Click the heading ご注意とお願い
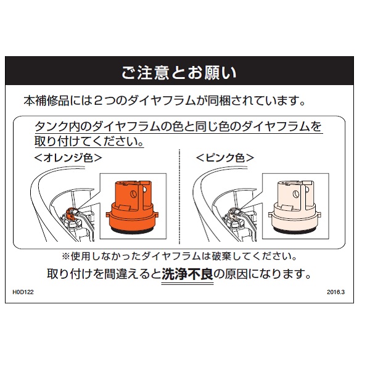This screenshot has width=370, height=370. (x=179, y=72)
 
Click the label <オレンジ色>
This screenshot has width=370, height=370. (x=68, y=158)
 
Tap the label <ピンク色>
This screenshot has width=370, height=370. (x=225, y=158)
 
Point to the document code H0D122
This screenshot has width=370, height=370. (x=23, y=292)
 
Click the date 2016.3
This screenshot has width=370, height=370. (x=336, y=292)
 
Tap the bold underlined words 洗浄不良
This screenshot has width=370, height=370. (x=187, y=274)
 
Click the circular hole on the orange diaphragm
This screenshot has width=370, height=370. (x=134, y=194)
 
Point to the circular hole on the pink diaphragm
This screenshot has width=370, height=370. (x=296, y=194)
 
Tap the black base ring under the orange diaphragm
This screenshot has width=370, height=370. (x=132, y=231)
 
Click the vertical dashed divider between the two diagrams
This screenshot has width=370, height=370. (x=179, y=197)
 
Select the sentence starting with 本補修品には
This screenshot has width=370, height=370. (x=164, y=101)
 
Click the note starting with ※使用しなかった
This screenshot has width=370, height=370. (x=179, y=257)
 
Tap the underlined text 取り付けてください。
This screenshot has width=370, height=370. (x=89, y=141)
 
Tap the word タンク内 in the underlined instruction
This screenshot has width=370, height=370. (x=58, y=126)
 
